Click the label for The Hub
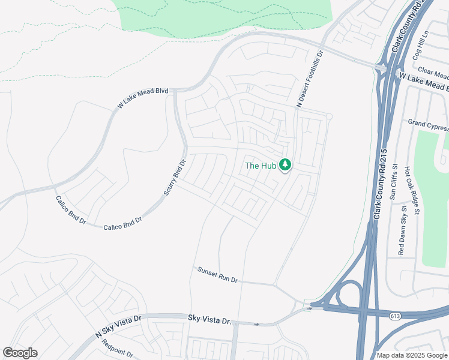(x=261, y=166)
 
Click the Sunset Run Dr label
(x=218, y=275)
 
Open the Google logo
(x=20, y=352)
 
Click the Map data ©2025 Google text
(x=412, y=355)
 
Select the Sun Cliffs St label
(x=394, y=182)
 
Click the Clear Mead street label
(x=433, y=73)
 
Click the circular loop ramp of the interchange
(x=348, y=295)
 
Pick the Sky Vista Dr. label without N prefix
(x=209, y=320)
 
